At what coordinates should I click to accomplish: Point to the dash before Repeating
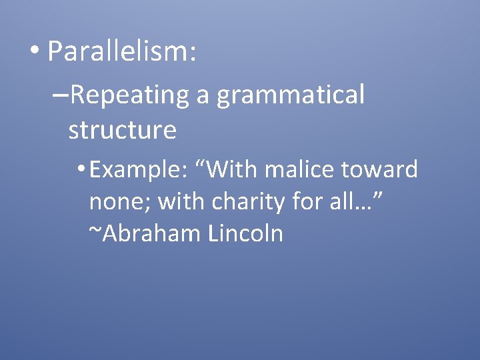pyautogui.click(x=59, y=95)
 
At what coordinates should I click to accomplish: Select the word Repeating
pyautogui.click(x=129, y=95)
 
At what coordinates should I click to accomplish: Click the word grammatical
pyautogui.click(x=291, y=95)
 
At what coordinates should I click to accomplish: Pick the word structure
pyautogui.click(x=122, y=130)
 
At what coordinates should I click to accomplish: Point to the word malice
pyautogui.click(x=300, y=170)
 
